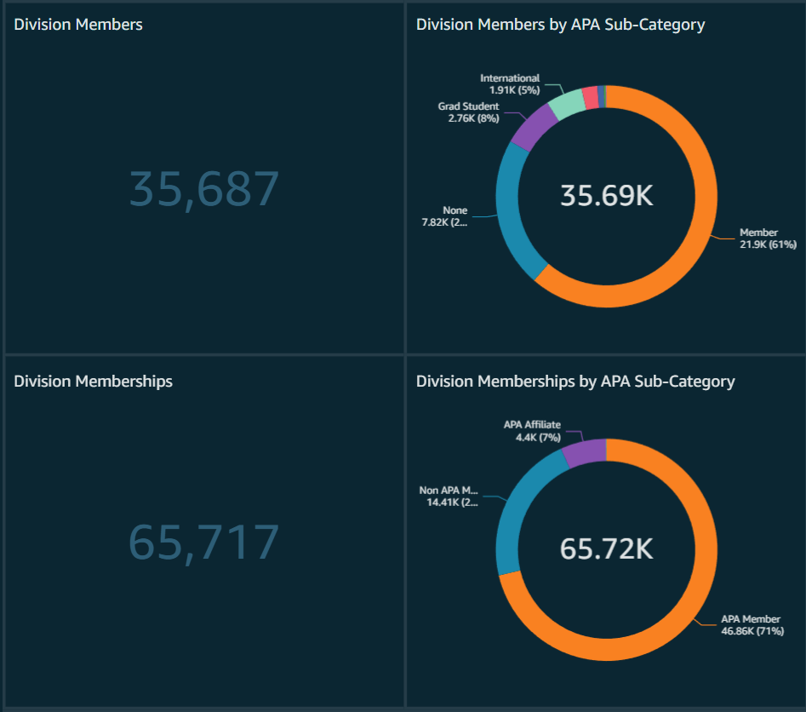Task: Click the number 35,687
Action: pyautogui.click(x=204, y=189)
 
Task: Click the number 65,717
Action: pyautogui.click(x=204, y=543)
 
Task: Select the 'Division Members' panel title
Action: pyautogui.click(x=78, y=25)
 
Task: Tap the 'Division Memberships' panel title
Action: pyautogui.click(x=94, y=382)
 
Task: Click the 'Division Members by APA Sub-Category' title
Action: pyautogui.click(x=560, y=25)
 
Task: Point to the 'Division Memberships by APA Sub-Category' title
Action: pyautogui.click(x=575, y=382)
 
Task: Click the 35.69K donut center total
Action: pyautogui.click(x=606, y=196)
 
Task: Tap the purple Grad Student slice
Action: pyautogui.click(x=533, y=127)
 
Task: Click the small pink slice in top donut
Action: pyautogui.click(x=589, y=96)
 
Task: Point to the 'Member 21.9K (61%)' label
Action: pyautogui.click(x=767, y=238)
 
